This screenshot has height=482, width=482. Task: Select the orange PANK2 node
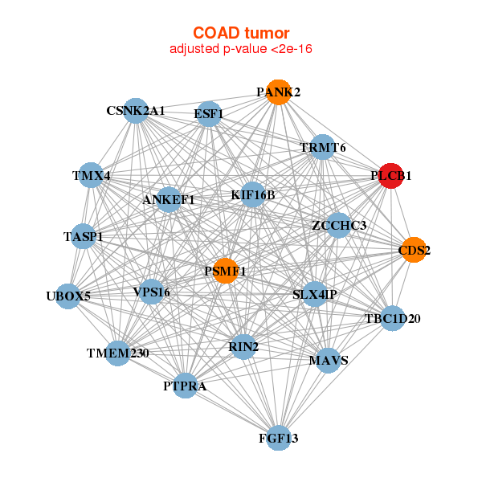pyautogui.click(x=278, y=92)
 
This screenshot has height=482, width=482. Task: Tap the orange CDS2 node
pyautogui.click(x=414, y=250)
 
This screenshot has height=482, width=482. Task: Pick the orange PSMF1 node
pyautogui.click(x=226, y=272)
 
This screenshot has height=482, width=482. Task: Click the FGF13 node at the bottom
pyautogui.click(x=278, y=438)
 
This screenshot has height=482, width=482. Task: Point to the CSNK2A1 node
pyautogui.click(x=136, y=111)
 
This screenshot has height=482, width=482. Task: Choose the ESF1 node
pyautogui.click(x=209, y=114)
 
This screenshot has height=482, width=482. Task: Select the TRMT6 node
pyautogui.click(x=323, y=148)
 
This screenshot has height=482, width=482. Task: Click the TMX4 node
pyautogui.click(x=92, y=175)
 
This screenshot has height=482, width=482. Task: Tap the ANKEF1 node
pyautogui.click(x=169, y=199)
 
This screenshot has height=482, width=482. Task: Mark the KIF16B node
pyautogui.click(x=252, y=194)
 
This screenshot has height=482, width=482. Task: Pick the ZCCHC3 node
pyautogui.click(x=339, y=226)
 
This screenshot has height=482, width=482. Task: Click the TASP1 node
pyautogui.click(x=84, y=236)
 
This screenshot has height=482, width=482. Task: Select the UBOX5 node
pyautogui.click(x=68, y=296)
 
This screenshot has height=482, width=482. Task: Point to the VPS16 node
pyautogui.click(x=151, y=292)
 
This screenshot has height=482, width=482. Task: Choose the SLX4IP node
pyautogui.click(x=314, y=295)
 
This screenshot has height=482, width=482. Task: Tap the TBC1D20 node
pyautogui.click(x=392, y=319)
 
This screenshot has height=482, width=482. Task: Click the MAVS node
pyautogui.click(x=329, y=360)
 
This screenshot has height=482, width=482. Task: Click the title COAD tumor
pyautogui.click(x=240, y=33)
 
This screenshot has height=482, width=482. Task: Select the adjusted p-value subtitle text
pyautogui.click(x=240, y=49)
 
